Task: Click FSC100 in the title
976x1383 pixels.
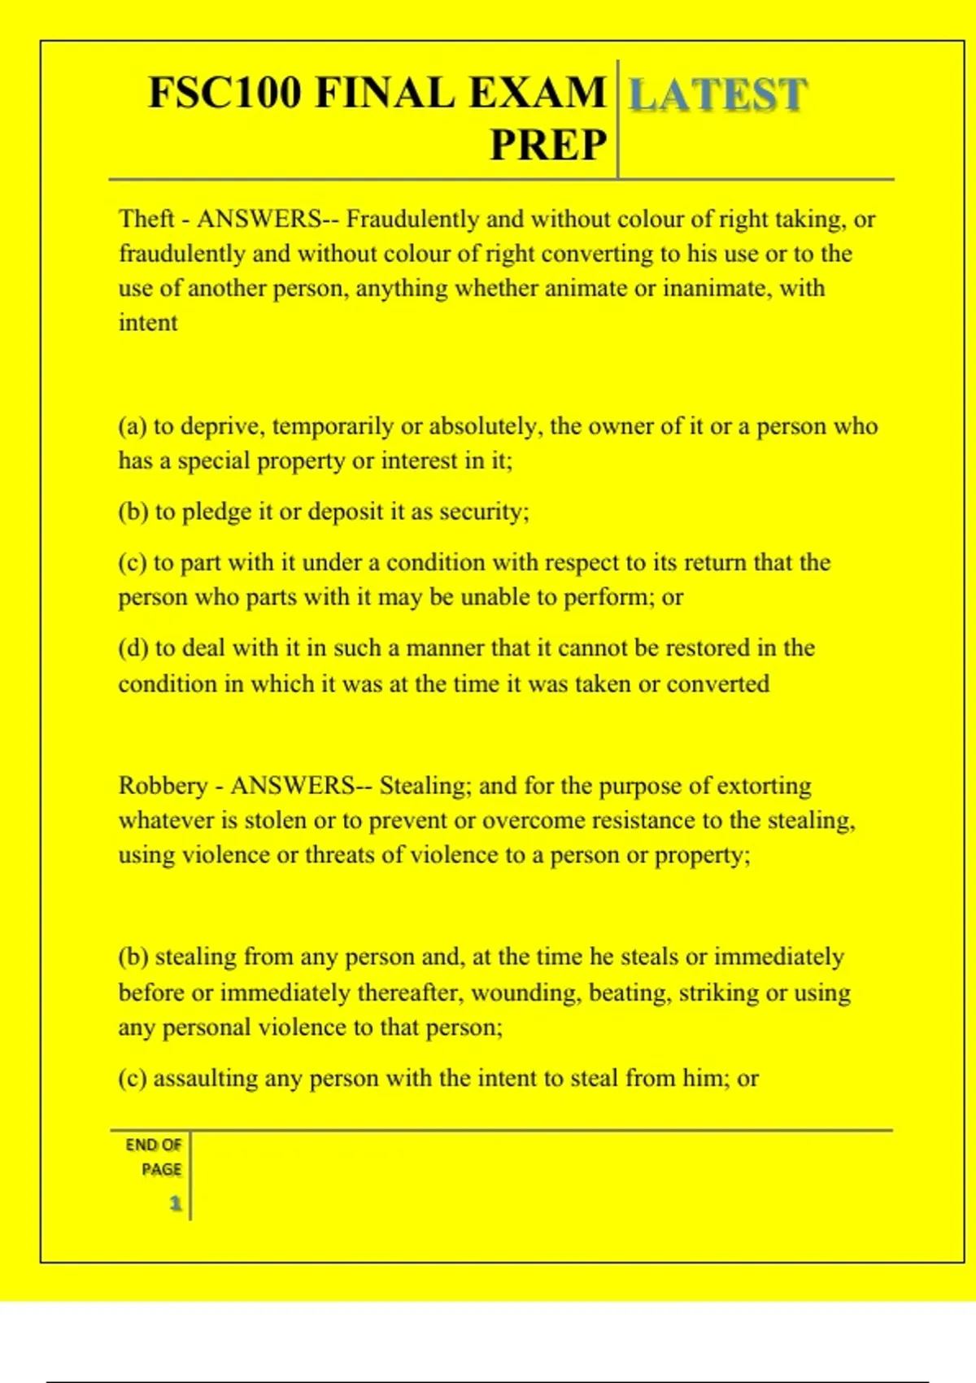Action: tap(224, 92)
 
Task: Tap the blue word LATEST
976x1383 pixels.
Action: tap(718, 94)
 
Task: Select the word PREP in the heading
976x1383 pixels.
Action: tap(548, 145)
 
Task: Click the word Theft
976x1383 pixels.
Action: tap(146, 219)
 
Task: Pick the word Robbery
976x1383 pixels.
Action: tap(163, 785)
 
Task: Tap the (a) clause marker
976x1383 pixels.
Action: tap(133, 426)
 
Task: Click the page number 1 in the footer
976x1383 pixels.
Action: tap(175, 1203)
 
